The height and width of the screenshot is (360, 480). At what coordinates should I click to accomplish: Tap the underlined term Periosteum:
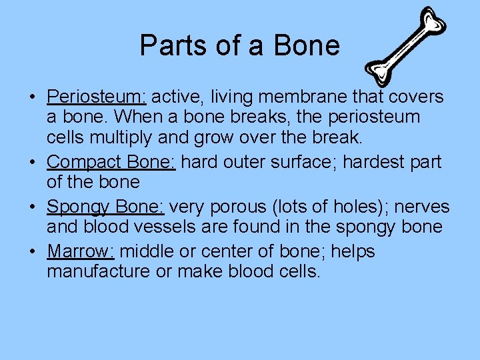(x=97, y=97)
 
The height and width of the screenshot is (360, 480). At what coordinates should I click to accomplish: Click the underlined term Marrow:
(x=81, y=251)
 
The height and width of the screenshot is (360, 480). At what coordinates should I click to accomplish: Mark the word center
(x=245, y=251)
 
